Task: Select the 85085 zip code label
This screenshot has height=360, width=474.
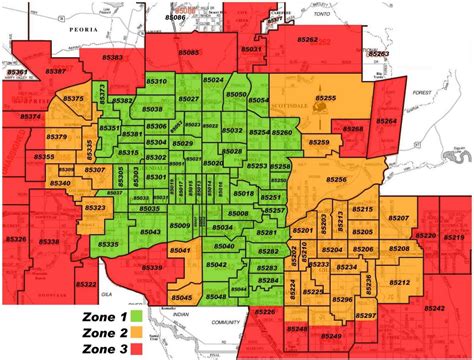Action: pos(191,51)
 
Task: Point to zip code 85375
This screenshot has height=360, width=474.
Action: pos(74,100)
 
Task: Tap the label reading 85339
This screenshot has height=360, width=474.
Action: pos(153,267)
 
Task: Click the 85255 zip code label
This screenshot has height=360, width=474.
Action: pos(326,98)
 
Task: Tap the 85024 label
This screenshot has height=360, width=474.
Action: pos(213,79)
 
